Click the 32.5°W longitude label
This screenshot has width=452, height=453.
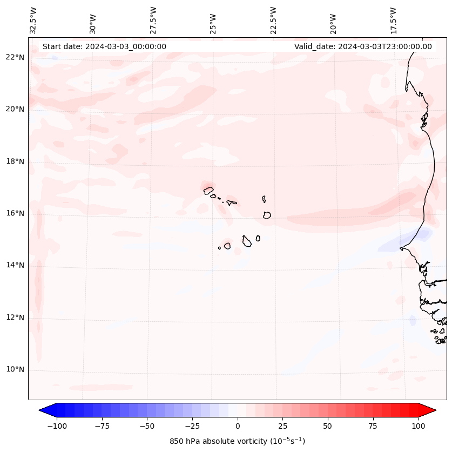[x=33, y=20]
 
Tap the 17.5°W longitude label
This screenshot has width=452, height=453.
[x=394, y=20]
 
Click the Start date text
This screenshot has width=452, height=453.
[x=104, y=46]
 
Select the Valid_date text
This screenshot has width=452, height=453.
[x=363, y=46]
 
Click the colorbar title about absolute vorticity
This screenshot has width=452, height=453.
[x=237, y=441]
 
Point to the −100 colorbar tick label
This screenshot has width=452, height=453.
[x=57, y=426]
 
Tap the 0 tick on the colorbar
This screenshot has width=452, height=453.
[x=238, y=426]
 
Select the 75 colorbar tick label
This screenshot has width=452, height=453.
[x=373, y=426]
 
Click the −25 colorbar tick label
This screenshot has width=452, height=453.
[x=192, y=426]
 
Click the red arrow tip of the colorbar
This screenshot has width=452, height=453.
[x=431, y=410]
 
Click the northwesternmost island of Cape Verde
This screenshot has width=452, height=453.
[x=208, y=190]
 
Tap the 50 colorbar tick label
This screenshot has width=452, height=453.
[x=328, y=426]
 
